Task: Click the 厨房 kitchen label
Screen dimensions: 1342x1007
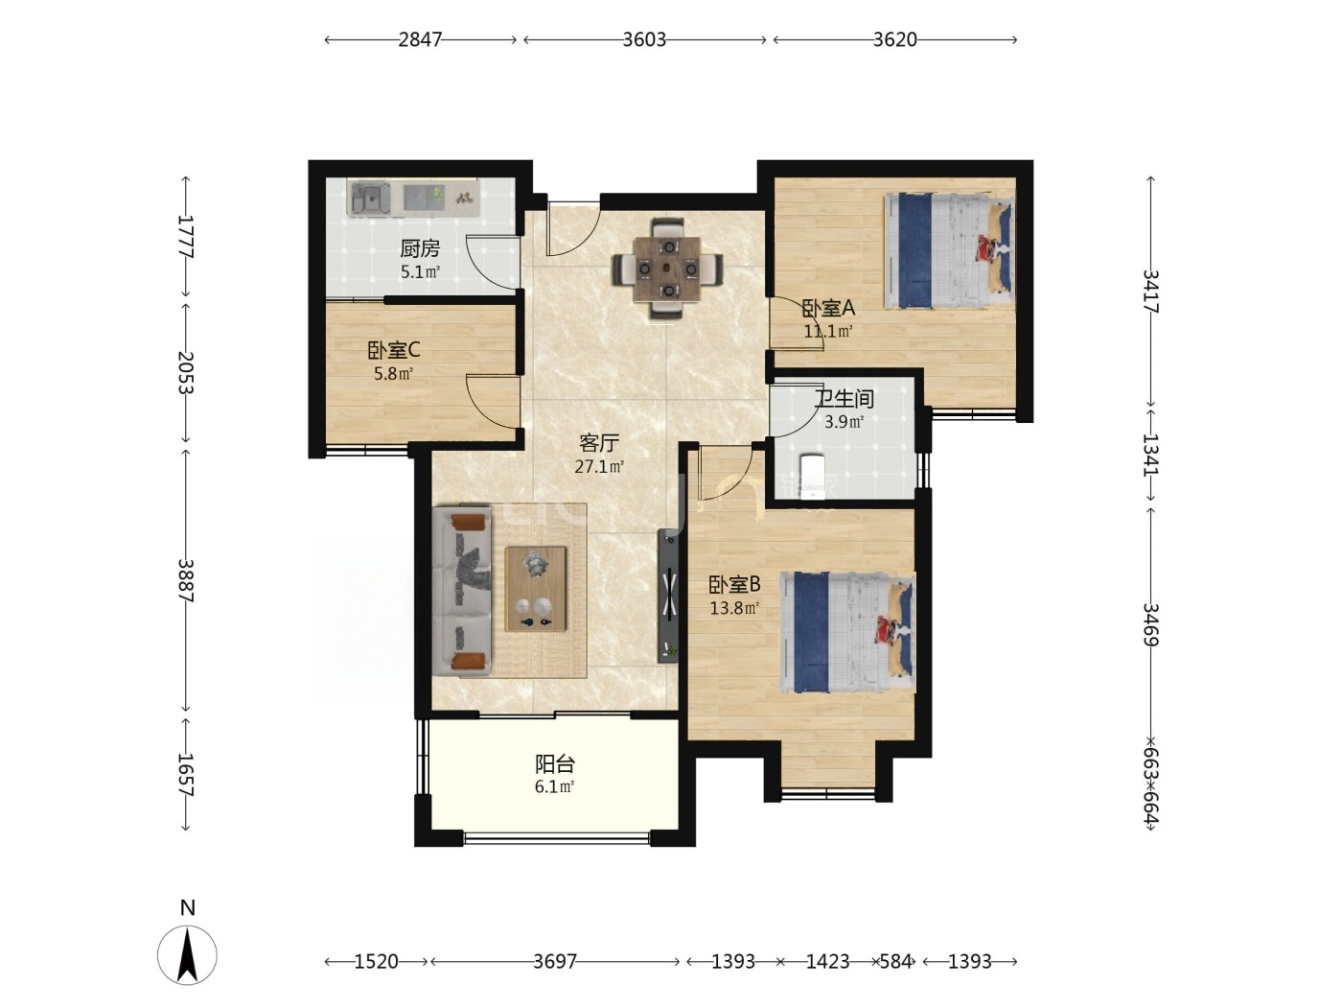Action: tap(420, 248)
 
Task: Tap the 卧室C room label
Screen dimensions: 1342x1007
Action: tap(394, 351)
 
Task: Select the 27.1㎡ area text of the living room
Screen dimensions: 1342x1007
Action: tap(599, 467)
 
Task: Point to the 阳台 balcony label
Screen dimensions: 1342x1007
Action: tap(555, 763)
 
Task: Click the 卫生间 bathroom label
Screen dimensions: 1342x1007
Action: tap(844, 399)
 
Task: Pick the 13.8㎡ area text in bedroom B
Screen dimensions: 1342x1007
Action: tap(734, 608)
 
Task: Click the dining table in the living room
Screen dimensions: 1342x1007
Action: tap(667, 269)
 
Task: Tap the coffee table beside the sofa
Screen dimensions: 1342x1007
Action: tap(536, 589)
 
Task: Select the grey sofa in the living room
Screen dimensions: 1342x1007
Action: tap(462, 591)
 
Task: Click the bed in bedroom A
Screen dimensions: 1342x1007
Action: tap(948, 251)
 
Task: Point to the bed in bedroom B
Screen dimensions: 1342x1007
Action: tap(847, 632)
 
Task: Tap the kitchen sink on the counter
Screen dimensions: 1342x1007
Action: tap(369, 199)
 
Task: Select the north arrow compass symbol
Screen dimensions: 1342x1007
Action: tap(187, 955)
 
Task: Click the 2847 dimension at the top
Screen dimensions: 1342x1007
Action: tap(420, 39)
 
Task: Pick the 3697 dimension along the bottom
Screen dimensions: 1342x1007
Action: tap(554, 962)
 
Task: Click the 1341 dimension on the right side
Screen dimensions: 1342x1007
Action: tap(1150, 455)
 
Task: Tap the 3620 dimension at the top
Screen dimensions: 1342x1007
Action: tap(895, 39)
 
